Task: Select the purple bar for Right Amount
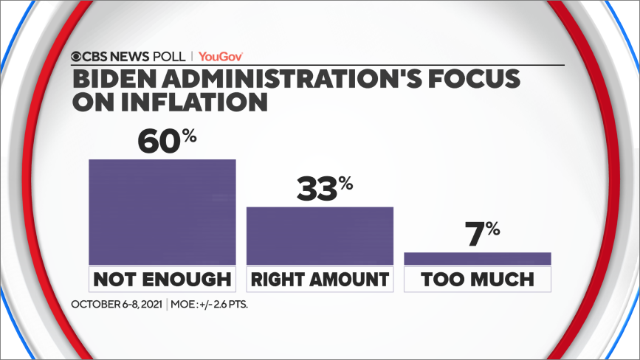(x=320, y=235)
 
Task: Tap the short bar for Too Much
(x=478, y=258)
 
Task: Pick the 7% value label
(x=481, y=235)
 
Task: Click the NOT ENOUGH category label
(x=162, y=279)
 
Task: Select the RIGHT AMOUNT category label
(x=320, y=279)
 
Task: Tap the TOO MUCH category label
(x=478, y=279)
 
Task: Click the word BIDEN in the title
(x=110, y=77)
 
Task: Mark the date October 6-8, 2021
(x=117, y=304)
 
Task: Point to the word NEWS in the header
(x=131, y=55)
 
